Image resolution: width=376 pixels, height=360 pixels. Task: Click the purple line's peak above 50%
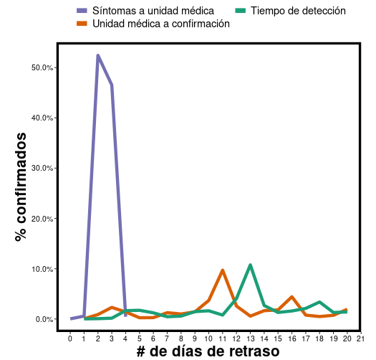coord(97,55)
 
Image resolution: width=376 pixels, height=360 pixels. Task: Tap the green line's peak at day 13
coord(250,265)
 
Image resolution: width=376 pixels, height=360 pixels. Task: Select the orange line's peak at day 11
coord(223,270)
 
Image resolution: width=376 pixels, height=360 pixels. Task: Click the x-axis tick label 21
coord(360,338)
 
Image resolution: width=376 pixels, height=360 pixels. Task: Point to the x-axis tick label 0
coord(70,338)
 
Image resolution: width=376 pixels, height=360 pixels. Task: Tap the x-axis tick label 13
coord(250,338)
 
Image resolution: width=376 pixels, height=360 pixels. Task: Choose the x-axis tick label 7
coord(167,338)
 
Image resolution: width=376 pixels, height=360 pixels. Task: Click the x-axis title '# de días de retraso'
coord(208,351)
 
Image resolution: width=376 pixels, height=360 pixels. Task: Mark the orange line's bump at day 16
coord(291,297)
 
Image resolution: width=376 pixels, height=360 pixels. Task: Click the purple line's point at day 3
coord(112,85)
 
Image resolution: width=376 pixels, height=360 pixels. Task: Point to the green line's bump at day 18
coord(319,302)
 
